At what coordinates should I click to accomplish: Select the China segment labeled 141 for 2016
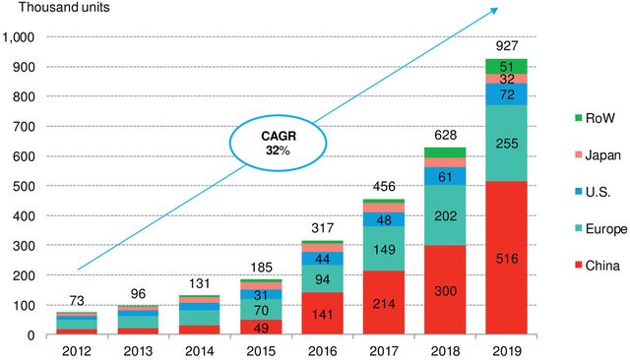pyautogui.click(x=323, y=314)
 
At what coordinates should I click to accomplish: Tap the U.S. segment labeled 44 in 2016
pyautogui.click(x=323, y=259)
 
